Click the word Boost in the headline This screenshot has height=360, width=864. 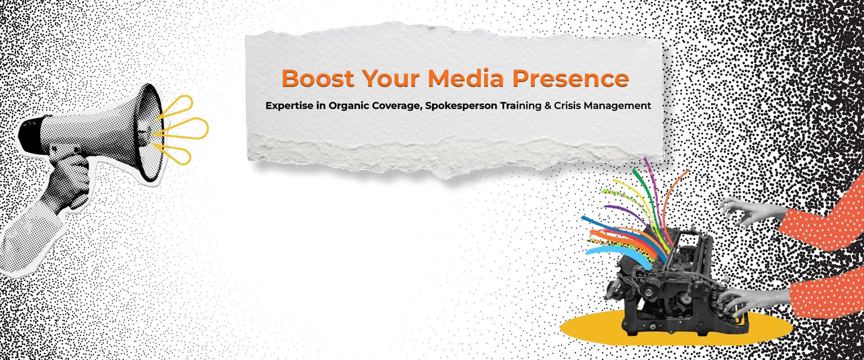pos(318,78)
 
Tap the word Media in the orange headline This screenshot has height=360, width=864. pos(466,78)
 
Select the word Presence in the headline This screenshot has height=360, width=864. pos(571,78)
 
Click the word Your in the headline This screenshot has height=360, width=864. pos(391,78)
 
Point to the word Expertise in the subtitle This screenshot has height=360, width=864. pos(289,106)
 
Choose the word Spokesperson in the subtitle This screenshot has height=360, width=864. pos(461,106)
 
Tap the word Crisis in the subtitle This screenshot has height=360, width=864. pos(567,105)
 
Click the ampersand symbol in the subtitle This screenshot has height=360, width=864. pos(548,105)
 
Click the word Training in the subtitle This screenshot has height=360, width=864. pos(521,106)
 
